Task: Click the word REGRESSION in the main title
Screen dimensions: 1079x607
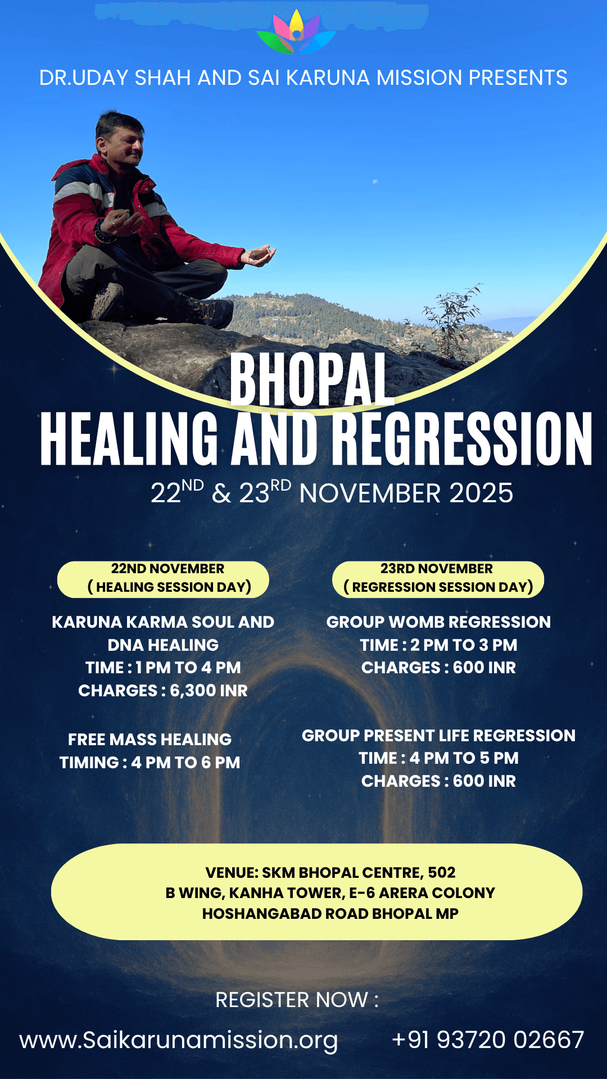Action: pos(461,439)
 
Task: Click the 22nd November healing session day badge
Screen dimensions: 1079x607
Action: pos(163,579)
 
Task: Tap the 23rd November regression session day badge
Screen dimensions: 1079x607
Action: pos(438,579)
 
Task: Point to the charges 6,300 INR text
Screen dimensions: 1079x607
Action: pos(163,691)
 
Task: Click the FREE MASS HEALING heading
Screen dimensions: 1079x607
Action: pos(150,740)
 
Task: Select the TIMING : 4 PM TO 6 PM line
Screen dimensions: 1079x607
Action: pos(150,763)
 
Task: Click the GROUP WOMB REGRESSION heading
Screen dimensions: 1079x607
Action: pos(438,622)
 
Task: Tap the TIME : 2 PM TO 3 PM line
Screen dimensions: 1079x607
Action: pos(438,645)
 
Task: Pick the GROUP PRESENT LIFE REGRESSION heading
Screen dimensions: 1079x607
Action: pos(438,736)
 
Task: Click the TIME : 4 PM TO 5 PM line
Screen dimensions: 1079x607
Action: pos(438,758)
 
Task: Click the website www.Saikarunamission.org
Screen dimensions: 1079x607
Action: pos(179,1040)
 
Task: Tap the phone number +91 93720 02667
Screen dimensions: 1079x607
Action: pos(488,1040)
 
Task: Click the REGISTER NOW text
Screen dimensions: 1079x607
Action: pos(297,1000)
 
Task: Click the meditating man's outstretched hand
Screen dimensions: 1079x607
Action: pos(260,256)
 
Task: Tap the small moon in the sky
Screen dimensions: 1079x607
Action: pos(375,181)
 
